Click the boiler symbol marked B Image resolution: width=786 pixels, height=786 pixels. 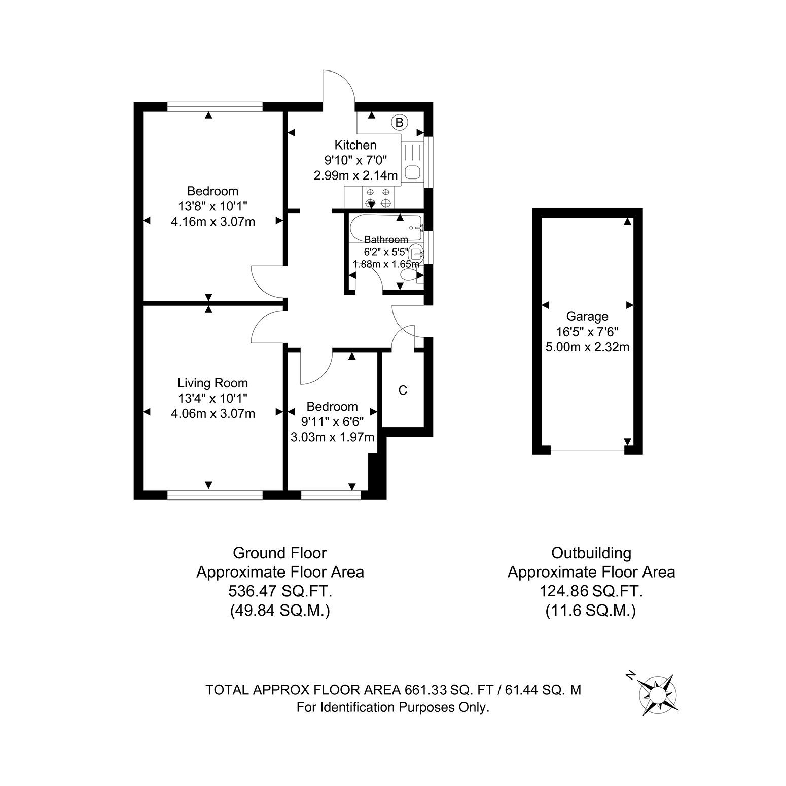[x=400, y=122]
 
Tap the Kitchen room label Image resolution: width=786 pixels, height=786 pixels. [x=355, y=145]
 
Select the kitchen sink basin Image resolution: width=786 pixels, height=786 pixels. [x=412, y=172]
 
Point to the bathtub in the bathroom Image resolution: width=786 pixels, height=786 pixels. [x=386, y=228]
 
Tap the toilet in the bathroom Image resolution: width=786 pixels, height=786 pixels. [x=409, y=274]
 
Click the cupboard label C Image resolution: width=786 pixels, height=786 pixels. [x=403, y=390]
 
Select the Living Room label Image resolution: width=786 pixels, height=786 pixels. [x=212, y=383]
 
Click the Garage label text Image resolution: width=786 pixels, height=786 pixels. [x=587, y=317]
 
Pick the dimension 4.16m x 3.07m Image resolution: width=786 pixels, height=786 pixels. [x=213, y=222]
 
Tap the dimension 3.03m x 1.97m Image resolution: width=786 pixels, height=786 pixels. [x=332, y=437]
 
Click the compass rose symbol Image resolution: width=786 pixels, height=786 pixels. [x=657, y=695]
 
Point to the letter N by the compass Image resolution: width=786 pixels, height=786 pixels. [x=630, y=674]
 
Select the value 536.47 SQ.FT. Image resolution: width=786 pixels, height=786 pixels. [x=280, y=591]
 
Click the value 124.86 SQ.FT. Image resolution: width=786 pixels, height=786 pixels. [x=591, y=591]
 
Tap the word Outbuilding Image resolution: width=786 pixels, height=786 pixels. [x=591, y=553]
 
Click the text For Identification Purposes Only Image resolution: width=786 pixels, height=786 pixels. [x=393, y=707]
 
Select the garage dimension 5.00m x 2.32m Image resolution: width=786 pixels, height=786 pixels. [x=587, y=347]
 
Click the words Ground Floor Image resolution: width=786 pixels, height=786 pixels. [x=280, y=553]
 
